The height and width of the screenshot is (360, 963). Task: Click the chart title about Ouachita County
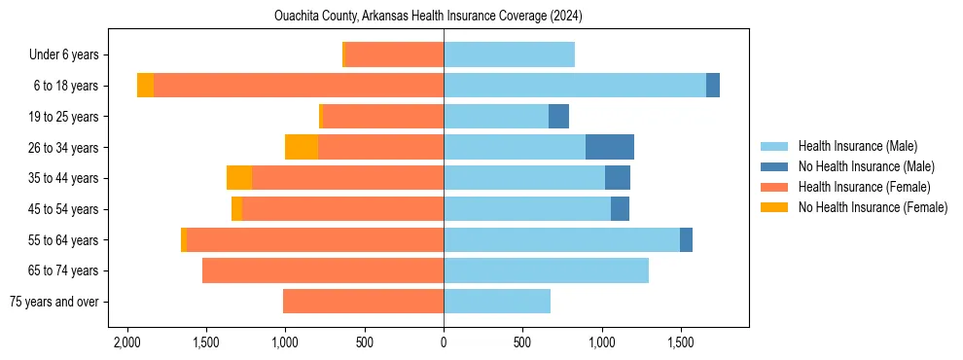coord(442,16)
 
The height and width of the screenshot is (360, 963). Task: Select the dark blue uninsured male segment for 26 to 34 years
coord(610,147)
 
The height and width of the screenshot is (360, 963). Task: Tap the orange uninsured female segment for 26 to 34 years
coord(302,147)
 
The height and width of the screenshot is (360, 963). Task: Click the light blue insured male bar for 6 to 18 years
coord(574,86)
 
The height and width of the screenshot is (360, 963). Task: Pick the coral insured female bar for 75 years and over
coord(363,302)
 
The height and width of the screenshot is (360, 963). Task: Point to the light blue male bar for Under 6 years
coord(509,54)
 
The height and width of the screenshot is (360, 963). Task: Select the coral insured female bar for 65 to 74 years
coord(323,270)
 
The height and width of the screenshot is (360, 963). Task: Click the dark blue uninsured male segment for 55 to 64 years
coord(686,239)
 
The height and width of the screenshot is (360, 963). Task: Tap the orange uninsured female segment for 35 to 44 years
coord(239,178)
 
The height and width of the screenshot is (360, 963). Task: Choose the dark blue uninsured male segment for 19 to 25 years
coord(558,117)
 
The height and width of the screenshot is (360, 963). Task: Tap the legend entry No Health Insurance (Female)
coord(873,207)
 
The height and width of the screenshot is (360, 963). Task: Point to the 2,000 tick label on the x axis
coord(126,343)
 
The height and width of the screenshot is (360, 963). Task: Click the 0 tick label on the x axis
coord(444,343)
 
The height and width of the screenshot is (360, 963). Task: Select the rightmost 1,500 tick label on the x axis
coord(680,343)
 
